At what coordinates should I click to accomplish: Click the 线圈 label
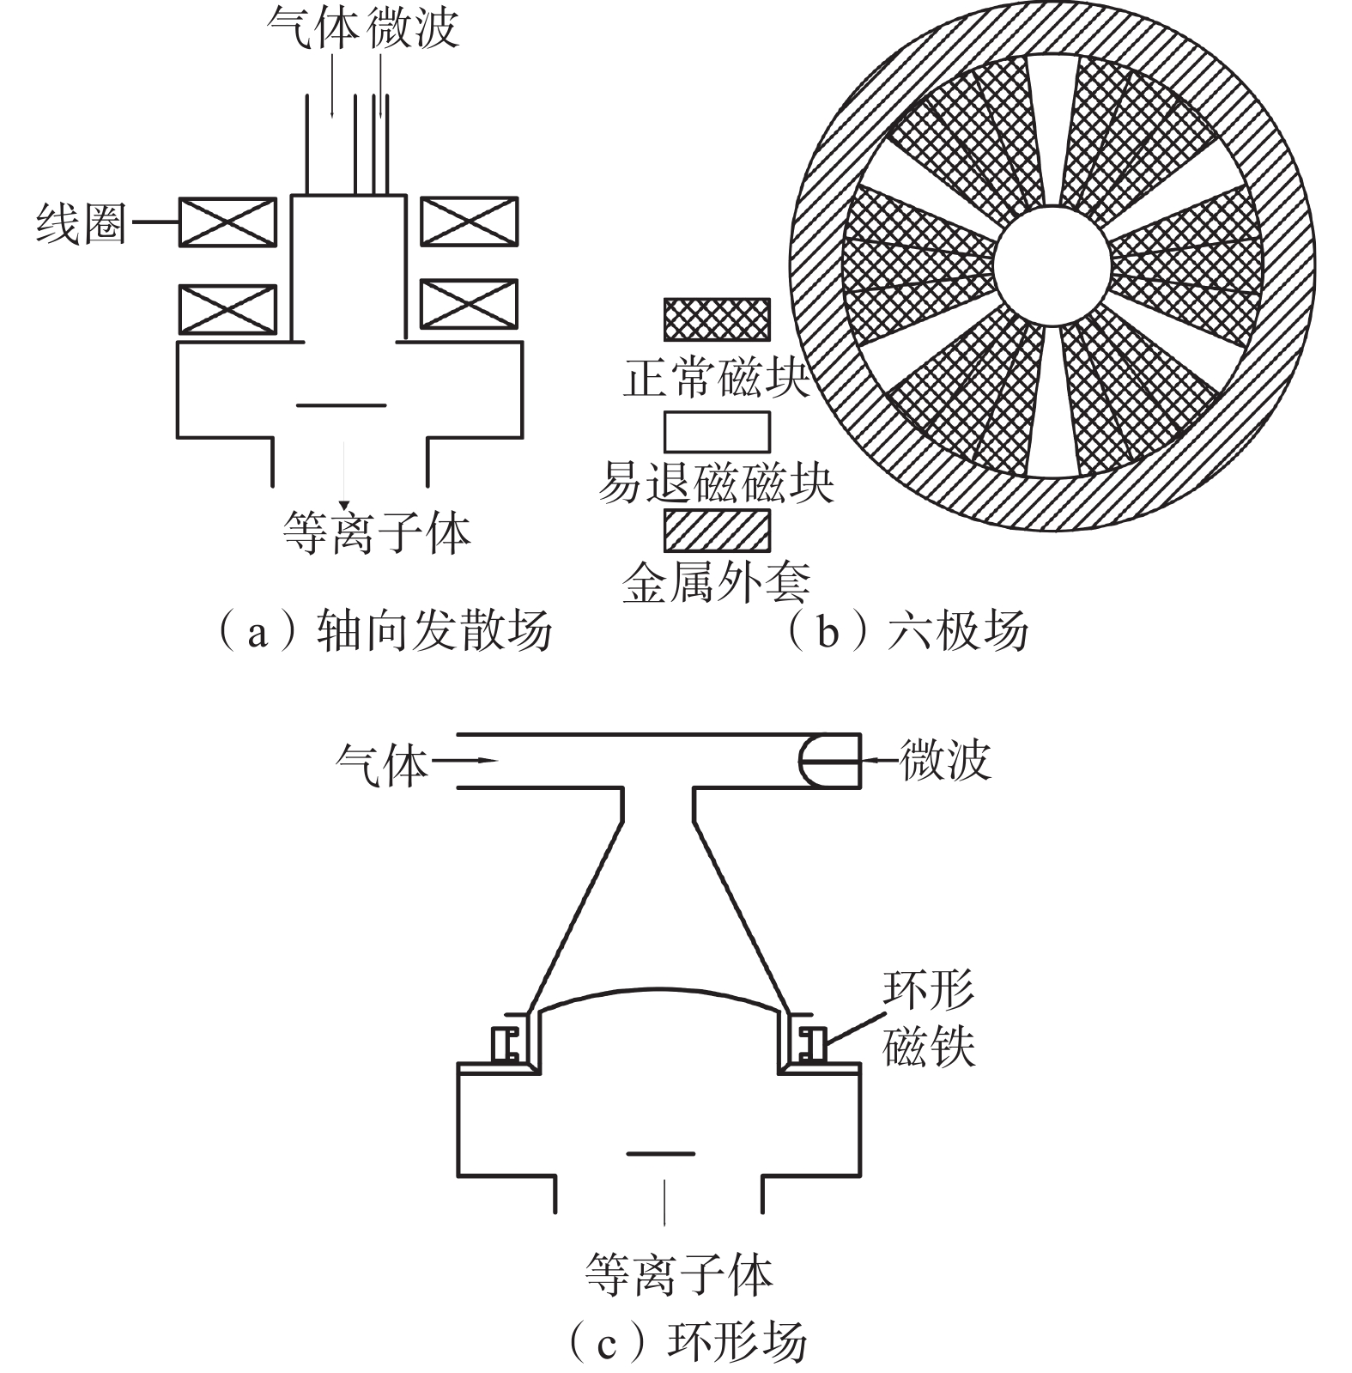81,224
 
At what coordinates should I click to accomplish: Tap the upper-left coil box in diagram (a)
227,222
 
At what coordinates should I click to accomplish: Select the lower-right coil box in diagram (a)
469,304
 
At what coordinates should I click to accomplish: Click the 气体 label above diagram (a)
312,27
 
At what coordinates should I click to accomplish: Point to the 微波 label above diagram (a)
413,27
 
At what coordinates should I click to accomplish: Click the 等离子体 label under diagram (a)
377,532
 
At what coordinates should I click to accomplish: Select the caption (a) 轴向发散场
383,632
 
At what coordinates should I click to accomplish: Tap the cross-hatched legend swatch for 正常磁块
717,319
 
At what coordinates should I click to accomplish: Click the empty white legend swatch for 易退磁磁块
717,431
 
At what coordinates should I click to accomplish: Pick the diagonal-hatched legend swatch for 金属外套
717,530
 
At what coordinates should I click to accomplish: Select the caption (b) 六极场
906,632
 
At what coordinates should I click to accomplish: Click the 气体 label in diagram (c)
381,763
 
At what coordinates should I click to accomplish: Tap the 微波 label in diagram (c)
945,761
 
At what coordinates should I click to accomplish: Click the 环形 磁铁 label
930,1018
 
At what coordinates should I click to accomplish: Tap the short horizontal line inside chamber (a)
342,405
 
